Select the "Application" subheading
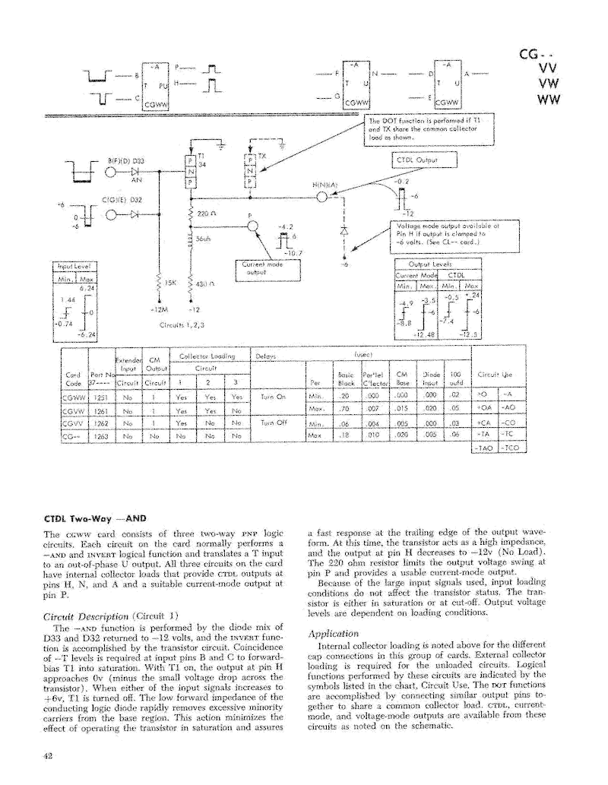[333, 633]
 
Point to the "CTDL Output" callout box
[425, 160]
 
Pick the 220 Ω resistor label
[203, 215]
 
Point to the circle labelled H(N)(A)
[321, 198]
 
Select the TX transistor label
[262, 155]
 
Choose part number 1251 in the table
[101, 397]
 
